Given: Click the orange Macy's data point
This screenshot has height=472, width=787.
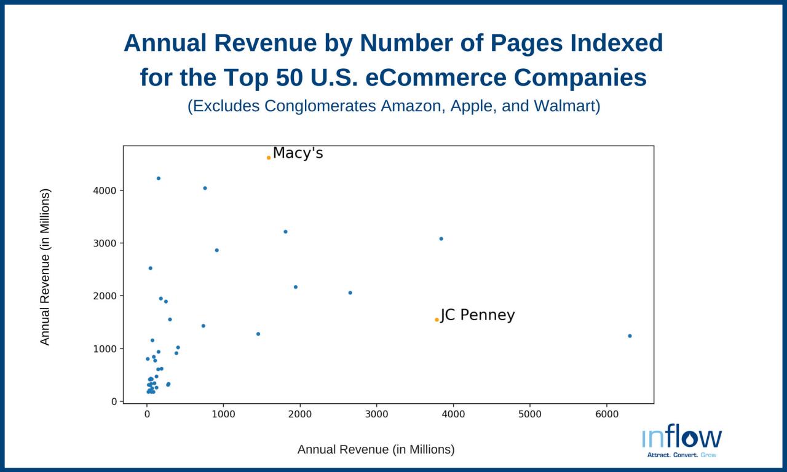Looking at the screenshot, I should (x=269, y=158).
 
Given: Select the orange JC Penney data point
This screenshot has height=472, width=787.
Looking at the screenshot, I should (x=437, y=320).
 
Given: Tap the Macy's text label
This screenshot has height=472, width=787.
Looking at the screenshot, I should (x=298, y=153).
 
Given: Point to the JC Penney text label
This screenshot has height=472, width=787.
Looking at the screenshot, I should (x=478, y=315).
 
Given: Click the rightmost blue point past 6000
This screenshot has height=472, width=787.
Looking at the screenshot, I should (x=630, y=336).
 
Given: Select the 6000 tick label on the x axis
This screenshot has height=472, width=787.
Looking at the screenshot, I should (x=607, y=414).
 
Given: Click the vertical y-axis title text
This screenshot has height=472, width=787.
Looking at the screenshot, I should (x=45, y=267).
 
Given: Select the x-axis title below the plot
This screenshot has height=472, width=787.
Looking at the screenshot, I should (x=376, y=449).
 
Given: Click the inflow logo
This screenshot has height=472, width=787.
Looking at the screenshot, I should (x=682, y=441).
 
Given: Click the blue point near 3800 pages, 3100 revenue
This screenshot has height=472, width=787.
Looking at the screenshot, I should (x=441, y=238).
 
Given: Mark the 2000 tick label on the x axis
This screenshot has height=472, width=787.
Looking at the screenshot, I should (x=300, y=414).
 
